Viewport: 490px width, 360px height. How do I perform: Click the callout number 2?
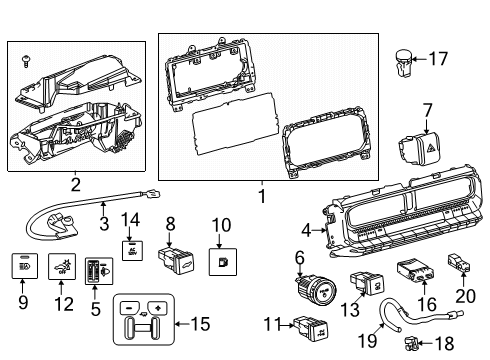click(75, 183)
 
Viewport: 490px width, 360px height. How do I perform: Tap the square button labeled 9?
click(25, 267)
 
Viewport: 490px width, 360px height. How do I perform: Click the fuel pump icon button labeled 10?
click(220, 264)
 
